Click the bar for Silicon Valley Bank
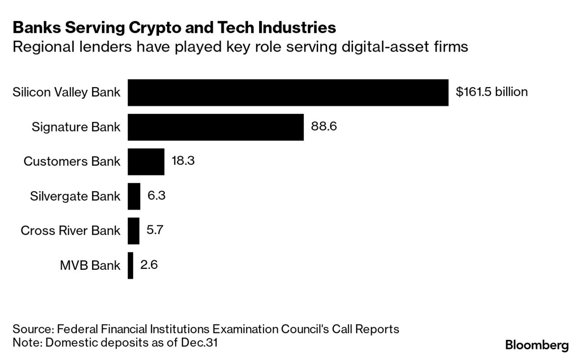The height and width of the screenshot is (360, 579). coord(287,92)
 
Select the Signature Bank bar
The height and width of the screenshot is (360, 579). coord(216,127)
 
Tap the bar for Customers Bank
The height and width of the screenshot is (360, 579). coord(146,162)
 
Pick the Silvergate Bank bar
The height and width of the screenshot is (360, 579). coord(134,196)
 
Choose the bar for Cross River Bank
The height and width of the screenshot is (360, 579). coord(133,231)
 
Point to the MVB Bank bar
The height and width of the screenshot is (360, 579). coord(130,265)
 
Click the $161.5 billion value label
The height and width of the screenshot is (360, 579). coord(491,92)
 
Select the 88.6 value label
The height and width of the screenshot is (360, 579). coord(323,127)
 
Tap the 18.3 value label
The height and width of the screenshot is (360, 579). coord(183,161)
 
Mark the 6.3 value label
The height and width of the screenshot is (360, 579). coord(156,196)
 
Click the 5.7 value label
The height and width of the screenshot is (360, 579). coord(155,230)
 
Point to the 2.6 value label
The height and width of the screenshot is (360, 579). coord(149,265)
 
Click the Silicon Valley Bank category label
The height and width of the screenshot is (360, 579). coord(66,92)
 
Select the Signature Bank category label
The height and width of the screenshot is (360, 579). coord(76,127)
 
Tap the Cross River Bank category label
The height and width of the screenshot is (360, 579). coord(71,231)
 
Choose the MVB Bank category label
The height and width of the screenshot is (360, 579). coord(90,265)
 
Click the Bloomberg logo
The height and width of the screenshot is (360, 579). coord(537,346)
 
